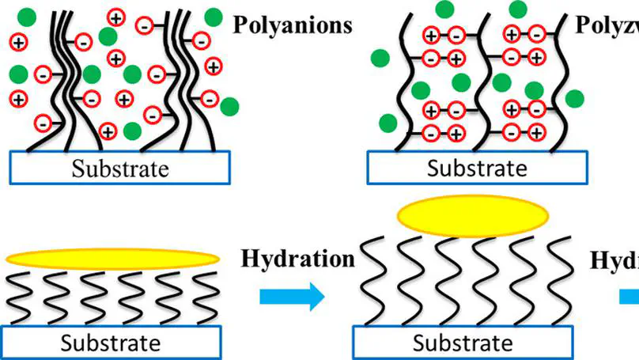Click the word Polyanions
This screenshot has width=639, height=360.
pyautogui.click(x=292, y=25)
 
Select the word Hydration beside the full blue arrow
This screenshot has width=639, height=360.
pyautogui.click(x=297, y=260)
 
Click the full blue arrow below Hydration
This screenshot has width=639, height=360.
pyautogui.click(x=292, y=297)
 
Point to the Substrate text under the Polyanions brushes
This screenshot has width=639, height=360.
pyautogui.click(x=121, y=168)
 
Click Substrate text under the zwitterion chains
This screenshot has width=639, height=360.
pyautogui.click(x=477, y=168)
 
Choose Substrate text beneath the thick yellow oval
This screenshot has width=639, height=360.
pyautogui.click(x=463, y=343)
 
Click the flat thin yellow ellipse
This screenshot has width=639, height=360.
pyautogui.click(x=112, y=259)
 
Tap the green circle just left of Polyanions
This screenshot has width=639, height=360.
pyautogui.click(x=213, y=16)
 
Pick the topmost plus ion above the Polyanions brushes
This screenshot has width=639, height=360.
pyautogui.click(x=115, y=16)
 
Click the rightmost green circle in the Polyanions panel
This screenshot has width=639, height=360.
pyautogui.click(x=231, y=107)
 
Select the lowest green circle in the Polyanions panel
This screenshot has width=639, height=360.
pyautogui.click(x=132, y=130)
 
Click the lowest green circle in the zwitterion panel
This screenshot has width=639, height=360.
pyautogui.click(x=388, y=123)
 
